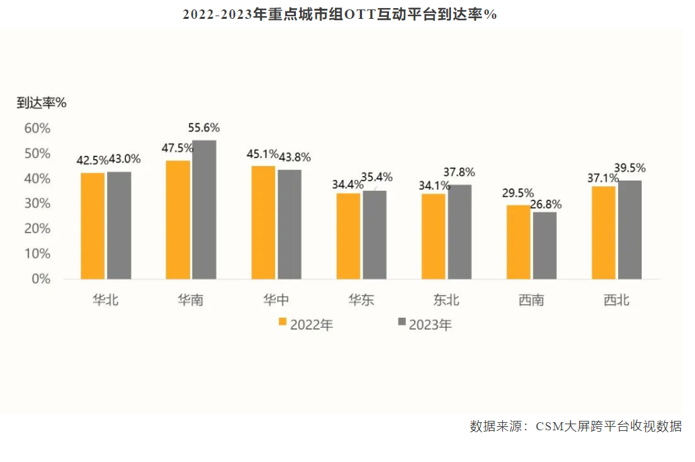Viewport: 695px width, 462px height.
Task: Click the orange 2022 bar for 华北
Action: [92, 226]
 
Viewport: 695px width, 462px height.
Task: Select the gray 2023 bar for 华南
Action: [204, 210]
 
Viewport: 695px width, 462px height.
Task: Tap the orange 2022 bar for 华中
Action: [263, 223]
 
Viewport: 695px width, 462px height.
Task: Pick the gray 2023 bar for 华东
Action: [374, 235]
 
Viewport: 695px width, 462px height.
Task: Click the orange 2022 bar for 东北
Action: [433, 236]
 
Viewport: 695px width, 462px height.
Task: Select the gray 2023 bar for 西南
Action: [545, 246]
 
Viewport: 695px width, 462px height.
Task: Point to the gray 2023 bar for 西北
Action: [630, 229]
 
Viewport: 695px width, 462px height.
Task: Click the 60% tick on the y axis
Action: [37, 128]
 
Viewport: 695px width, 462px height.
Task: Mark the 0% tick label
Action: [41, 279]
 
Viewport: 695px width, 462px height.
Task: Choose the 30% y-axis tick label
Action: [37, 204]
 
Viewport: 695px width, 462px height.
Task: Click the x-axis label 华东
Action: [361, 300]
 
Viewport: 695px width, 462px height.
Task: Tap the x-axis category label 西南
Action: [531, 300]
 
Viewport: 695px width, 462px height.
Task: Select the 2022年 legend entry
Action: [305, 324]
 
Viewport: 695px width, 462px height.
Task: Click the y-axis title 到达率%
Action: [42, 103]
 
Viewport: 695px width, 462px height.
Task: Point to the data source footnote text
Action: [576, 426]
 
